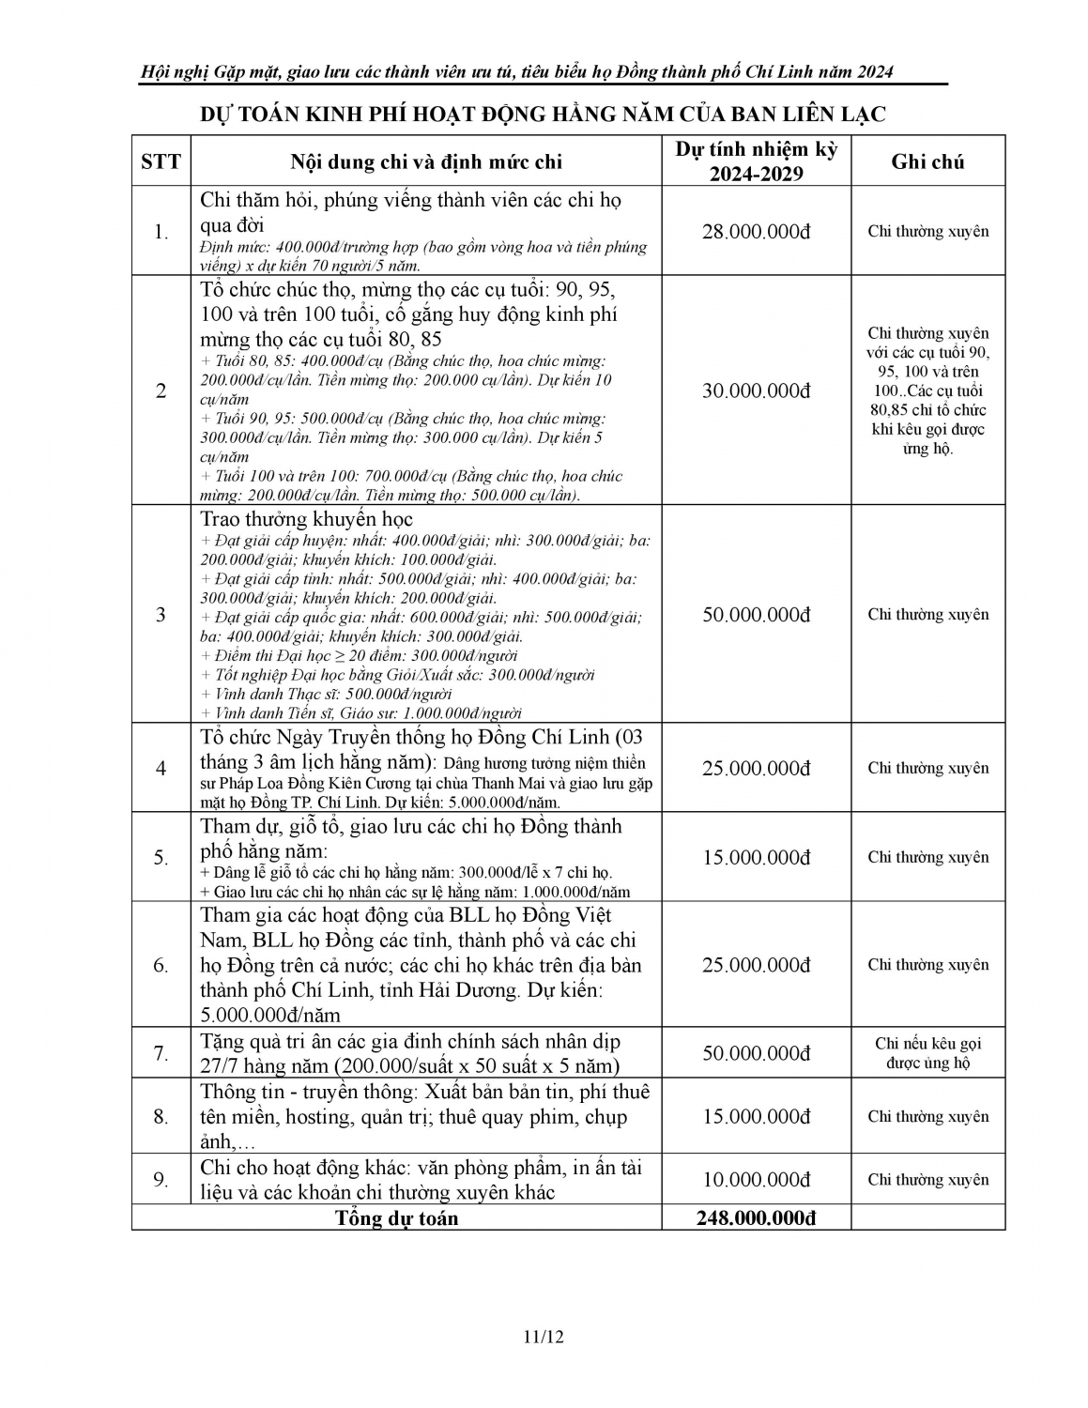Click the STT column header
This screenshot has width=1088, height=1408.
(161, 161)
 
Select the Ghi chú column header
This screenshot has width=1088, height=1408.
(927, 161)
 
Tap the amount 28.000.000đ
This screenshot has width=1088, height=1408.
(756, 232)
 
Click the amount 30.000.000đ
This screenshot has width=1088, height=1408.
(756, 390)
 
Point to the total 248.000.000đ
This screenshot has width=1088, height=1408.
(756, 1218)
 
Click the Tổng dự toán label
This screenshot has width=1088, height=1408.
(397, 1218)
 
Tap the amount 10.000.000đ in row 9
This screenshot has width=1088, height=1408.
(756, 1180)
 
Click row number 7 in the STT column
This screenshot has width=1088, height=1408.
(161, 1053)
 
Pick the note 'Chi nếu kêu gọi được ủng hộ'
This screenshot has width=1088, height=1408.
(927, 1053)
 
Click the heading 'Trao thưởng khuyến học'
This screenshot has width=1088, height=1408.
(306, 519)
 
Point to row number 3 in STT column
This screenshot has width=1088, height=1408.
(161, 615)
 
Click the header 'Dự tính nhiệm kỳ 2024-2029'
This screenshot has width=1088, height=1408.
(756, 161)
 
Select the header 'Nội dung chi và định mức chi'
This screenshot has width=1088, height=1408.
(426, 161)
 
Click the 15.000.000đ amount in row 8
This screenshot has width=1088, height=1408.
(756, 1117)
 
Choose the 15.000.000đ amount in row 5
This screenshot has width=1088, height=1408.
(756, 858)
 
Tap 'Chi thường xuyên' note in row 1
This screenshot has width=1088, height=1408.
(927, 232)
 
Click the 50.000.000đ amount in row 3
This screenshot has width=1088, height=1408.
(756, 615)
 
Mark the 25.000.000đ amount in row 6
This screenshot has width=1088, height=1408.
(756, 965)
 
